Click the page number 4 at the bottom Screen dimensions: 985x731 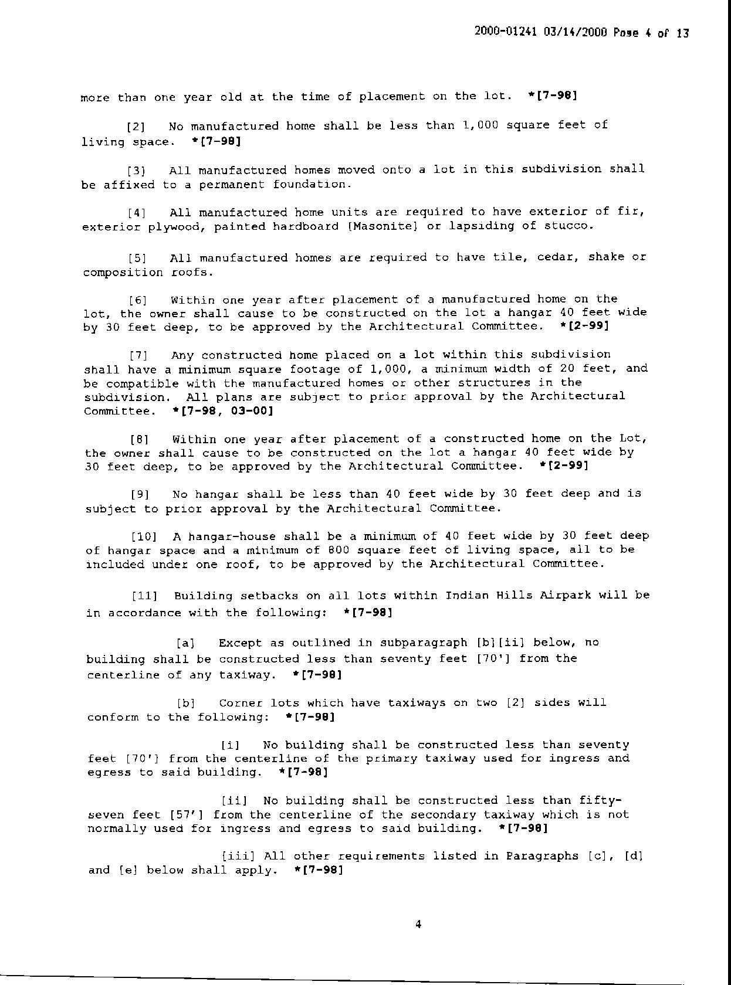pyautogui.click(x=418, y=925)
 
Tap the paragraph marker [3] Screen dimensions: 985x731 pyautogui.click(x=137, y=171)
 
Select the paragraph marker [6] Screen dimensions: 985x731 pyautogui.click(x=138, y=300)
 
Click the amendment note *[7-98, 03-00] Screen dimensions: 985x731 pyautogui.click(x=223, y=411)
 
